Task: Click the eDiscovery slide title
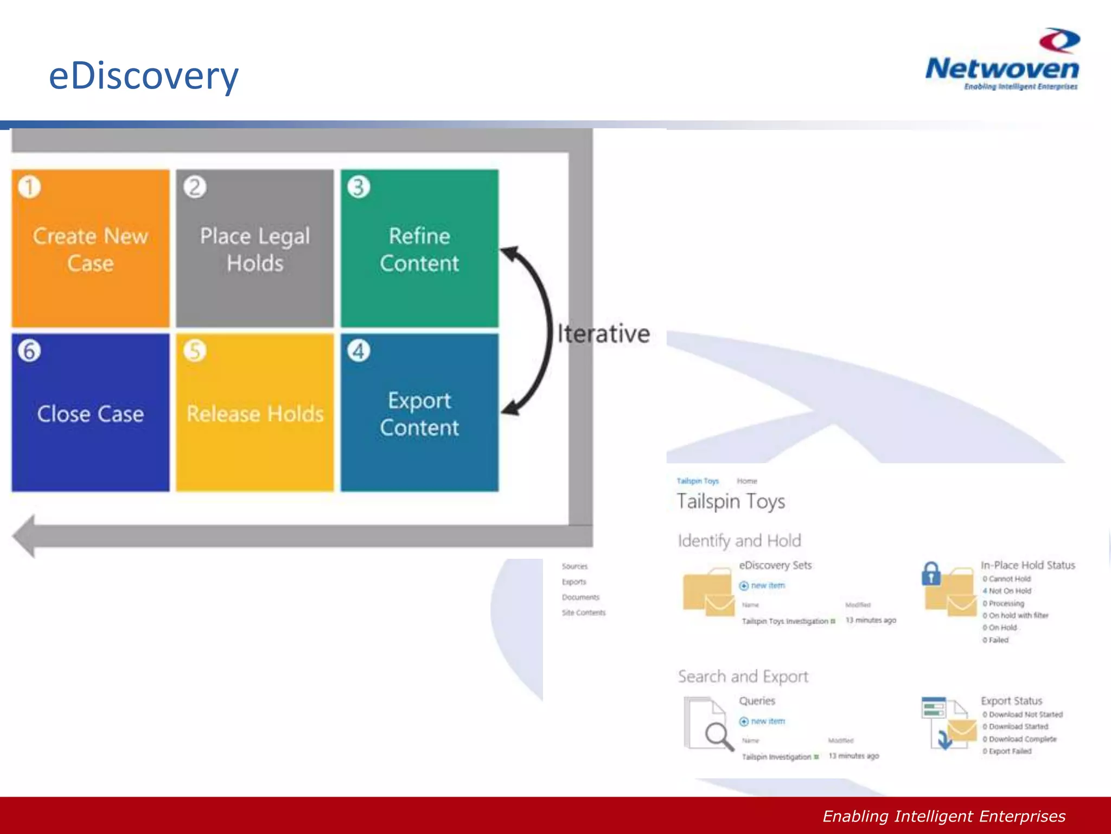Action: [144, 75]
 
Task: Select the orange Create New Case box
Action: [91, 249]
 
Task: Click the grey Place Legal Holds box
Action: [255, 249]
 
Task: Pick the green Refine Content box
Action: [419, 249]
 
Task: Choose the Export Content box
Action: [419, 413]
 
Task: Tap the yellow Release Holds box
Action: [255, 413]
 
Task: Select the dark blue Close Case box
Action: [91, 413]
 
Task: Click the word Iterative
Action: [604, 333]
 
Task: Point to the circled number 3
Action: [359, 187]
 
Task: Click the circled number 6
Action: [29, 351]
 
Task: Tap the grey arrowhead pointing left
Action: [24, 536]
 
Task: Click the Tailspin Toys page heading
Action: [731, 501]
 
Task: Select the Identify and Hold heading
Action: [739, 541]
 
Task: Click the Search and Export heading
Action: [743, 677]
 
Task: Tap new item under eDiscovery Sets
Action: [767, 585]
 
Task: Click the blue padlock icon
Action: [931, 574]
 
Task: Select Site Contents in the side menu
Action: [583, 612]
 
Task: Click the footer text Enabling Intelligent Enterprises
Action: [944, 816]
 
